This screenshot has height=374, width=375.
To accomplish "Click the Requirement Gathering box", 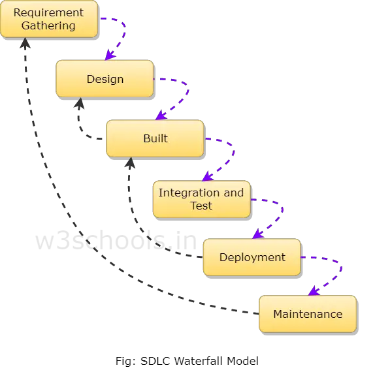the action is tap(49, 19).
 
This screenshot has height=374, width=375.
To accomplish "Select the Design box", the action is tap(105, 78).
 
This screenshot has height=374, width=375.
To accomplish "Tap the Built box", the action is tap(155, 138).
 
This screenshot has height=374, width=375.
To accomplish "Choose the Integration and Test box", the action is tap(202, 199).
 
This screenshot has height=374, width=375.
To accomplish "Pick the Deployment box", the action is tap(252, 257).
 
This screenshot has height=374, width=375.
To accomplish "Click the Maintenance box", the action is tap(308, 314).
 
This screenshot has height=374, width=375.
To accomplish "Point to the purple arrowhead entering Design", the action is tap(110, 55).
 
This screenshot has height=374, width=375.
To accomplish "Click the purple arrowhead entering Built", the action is tap(161, 115).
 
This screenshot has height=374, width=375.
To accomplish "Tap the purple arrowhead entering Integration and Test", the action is tap(207, 176).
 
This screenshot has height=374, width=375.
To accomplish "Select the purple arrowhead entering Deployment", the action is tap(258, 234).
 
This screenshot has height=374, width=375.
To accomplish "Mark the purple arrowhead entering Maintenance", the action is tap(314, 291).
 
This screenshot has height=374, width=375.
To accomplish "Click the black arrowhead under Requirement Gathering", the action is tap(25, 43).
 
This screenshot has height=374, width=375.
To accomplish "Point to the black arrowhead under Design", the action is tap(80, 103).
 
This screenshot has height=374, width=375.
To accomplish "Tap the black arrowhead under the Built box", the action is tap(130, 163).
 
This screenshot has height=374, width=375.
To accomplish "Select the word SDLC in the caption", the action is tap(155, 361).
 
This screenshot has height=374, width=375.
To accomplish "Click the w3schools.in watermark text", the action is tap(116, 240).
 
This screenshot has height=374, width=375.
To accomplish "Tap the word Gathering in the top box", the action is tap(48, 26).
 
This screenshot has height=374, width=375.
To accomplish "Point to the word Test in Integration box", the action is tap(201, 206).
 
